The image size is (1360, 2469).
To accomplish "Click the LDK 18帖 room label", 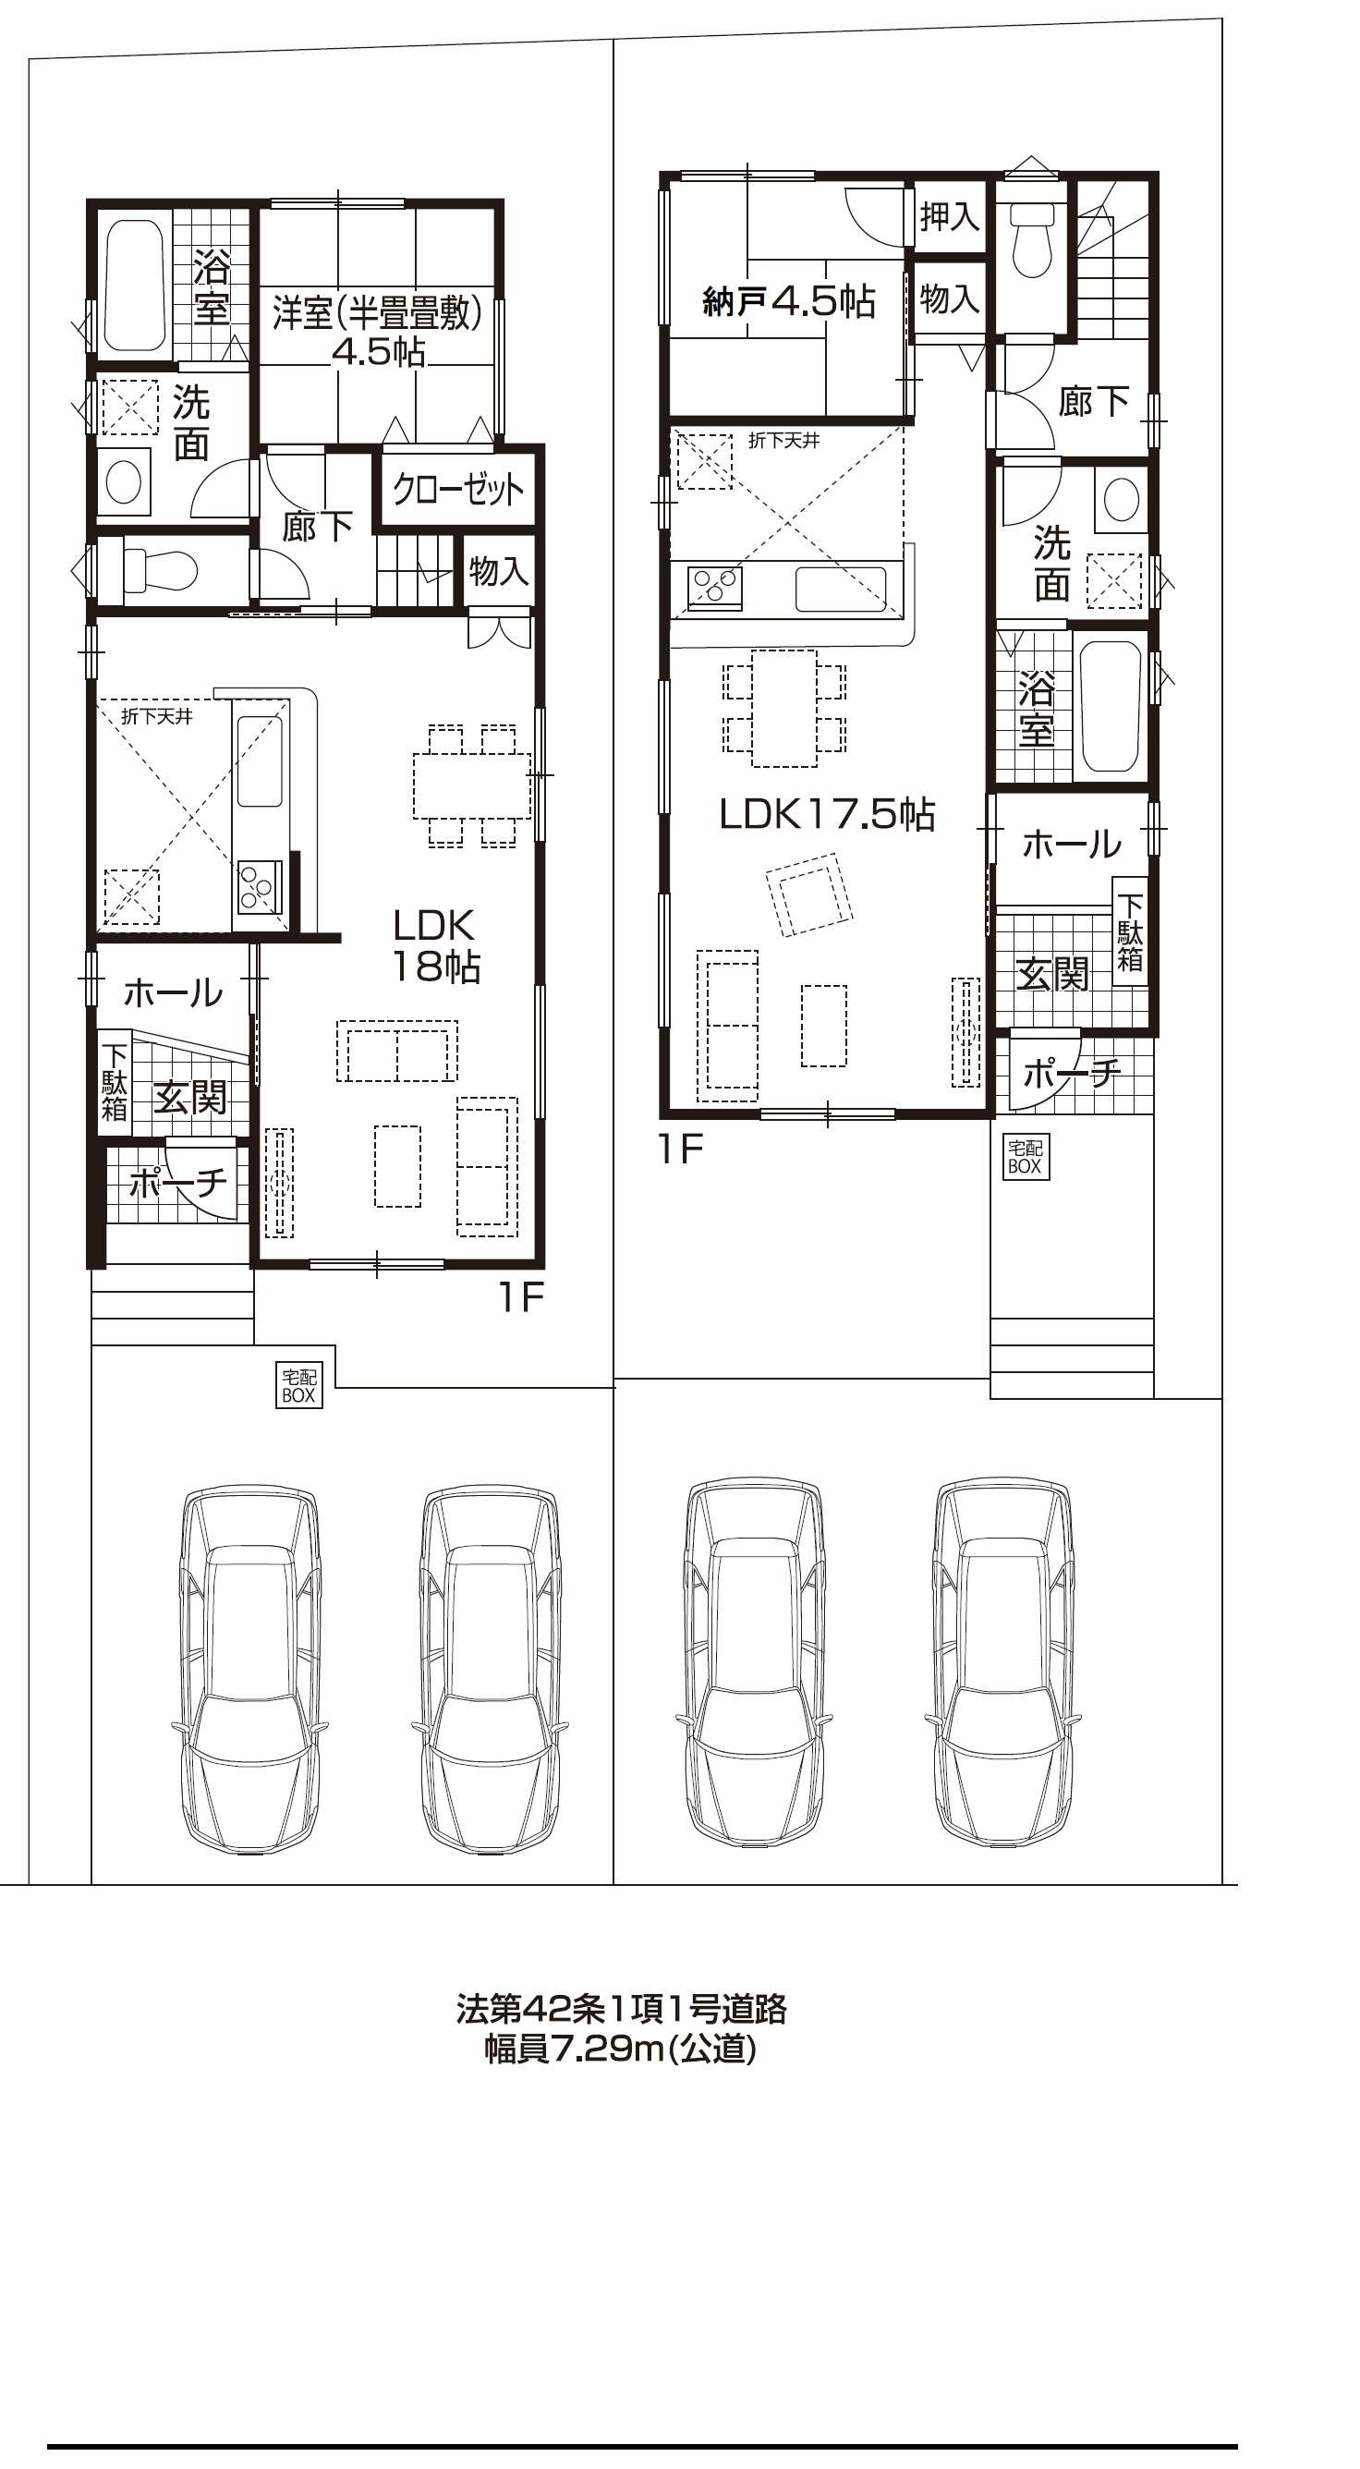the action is pyautogui.click(x=435, y=946).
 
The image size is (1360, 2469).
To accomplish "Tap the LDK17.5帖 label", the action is pyautogui.click(x=827, y=815).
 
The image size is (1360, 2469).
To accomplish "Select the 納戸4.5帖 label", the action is pyautogui.click(x=789, y=302).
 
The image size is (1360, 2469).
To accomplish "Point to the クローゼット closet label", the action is pyautogui.click(x=458, y=490).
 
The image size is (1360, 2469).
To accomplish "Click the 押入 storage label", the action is pyautogui.click(x=949, y=216).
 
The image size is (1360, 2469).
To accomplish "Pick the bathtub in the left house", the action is pyautogui.click(x=135, y=286).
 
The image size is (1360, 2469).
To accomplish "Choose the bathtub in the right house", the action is pyautogui.click(x=1111, y=705).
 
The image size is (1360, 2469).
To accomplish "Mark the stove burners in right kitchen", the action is pyautogui.click(x=715, y=588).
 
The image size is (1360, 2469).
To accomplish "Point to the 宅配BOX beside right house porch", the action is pyautogui.click(x=1025, y=1157).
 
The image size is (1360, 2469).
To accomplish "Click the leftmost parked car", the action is pyautogui.click(x=249, y=1669).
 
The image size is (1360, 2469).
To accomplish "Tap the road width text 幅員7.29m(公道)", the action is pyautogui.click(x=620, y=2051).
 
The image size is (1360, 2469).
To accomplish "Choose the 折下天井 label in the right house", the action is pyautogui.click(x=784, y=441).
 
